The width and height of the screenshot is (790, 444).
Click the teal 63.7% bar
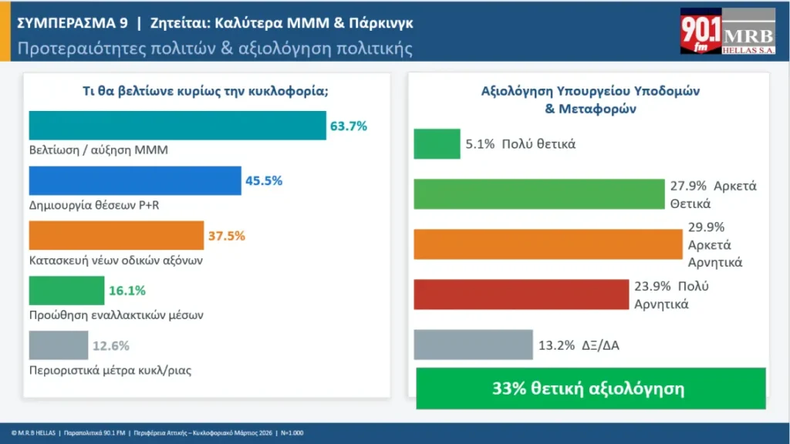[177, 126]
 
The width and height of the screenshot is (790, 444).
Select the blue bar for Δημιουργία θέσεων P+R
[135, 181]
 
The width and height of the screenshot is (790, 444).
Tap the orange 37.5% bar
[116, 235]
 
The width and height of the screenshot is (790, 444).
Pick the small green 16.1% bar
[66, 291]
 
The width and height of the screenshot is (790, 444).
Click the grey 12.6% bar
[59, 345]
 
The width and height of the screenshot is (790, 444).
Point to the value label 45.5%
[264, 181]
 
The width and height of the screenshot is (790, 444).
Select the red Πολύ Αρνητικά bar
[522, 294]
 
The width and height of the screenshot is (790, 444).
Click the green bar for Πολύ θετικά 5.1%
[437, 144]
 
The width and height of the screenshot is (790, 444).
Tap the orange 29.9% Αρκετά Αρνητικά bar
[548, 244]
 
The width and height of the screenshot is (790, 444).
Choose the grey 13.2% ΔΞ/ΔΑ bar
[473, 345]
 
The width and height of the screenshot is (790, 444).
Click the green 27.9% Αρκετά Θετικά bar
[539, 194]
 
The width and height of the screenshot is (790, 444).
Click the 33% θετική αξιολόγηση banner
[590, 388]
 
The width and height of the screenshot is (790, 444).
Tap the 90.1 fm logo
[701, 33]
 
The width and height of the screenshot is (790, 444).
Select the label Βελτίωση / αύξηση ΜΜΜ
[98, 150]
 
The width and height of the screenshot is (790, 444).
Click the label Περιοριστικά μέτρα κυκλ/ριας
[110, 370]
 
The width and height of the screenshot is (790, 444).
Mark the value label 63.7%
[348, 126]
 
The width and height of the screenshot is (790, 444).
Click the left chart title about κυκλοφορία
[206, 90]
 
